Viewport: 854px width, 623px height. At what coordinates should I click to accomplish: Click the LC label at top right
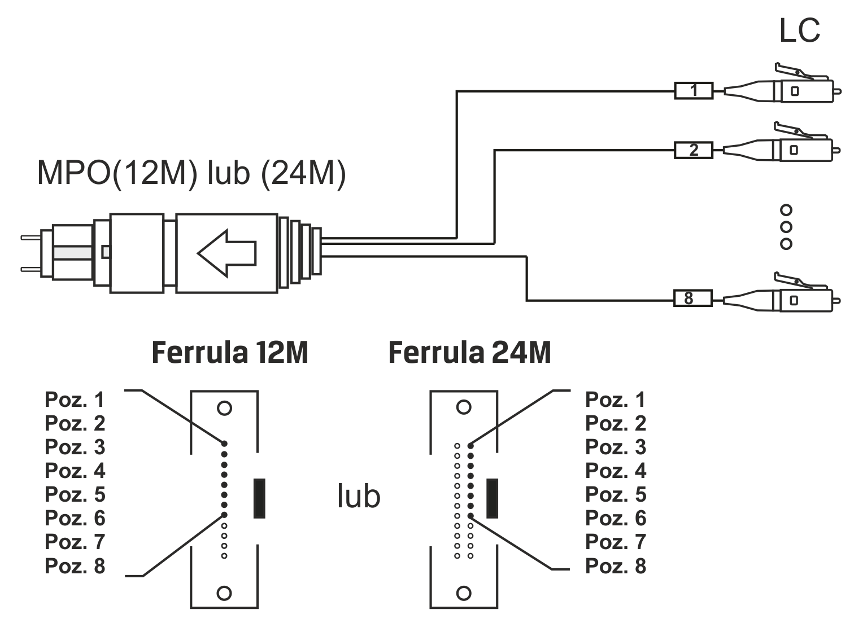point(799,30)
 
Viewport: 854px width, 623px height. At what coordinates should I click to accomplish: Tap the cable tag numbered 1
point(694,91)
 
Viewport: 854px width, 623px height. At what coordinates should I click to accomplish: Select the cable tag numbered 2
point(694,150)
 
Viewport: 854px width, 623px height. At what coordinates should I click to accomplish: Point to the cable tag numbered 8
point(692,298)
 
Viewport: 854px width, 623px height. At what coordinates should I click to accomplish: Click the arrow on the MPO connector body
point(226,253)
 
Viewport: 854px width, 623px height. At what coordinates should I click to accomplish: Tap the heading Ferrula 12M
point(230,353)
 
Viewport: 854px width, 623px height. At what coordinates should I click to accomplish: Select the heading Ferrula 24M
point(469,353)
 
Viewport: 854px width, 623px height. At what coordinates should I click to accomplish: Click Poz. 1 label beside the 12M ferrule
point(75,400)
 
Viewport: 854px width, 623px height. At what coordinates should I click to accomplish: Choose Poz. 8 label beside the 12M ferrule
point(75,565)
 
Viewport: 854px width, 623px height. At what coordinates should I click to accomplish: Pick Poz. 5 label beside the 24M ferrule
point(616,494)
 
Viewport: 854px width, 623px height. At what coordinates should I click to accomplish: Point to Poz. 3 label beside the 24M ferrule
point(616,447)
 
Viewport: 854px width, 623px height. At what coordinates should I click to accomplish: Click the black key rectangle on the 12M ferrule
point(259,498)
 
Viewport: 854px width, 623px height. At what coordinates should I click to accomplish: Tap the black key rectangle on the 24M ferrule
point(492,498)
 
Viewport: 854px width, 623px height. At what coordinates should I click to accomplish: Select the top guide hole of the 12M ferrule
point(224,408)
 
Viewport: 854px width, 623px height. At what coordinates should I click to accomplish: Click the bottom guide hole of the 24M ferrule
point(464,593)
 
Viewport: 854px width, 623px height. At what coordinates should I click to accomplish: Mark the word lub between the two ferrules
point(359,497)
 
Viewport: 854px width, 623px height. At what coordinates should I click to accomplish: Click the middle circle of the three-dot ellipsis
point(786,227)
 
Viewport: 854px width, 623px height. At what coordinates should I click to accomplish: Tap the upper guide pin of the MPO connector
point(31,238)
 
